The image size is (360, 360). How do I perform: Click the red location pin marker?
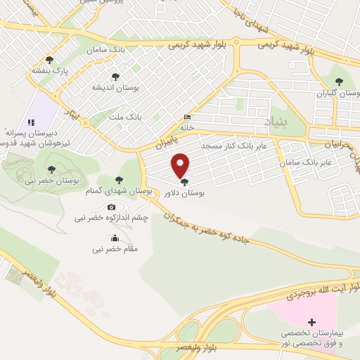click(x=181, y=165)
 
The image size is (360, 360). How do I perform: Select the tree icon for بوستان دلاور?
click(x=185, y=182)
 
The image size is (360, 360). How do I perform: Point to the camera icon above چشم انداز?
click(x=112, y=207)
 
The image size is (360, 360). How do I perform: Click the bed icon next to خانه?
click(x=186, y=117)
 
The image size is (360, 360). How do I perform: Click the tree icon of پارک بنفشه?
click(x=49, y=60)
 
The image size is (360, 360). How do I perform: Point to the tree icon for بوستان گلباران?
click(x=340, y=82)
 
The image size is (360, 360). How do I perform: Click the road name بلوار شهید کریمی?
click(x=198, y=43)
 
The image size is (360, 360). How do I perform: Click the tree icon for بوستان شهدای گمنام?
click(x=120, y=181)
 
